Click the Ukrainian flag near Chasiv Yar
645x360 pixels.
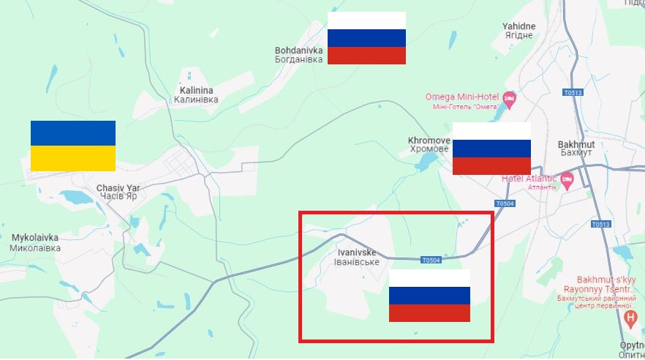(73, 146)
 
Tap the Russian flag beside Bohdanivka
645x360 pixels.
(366, 38)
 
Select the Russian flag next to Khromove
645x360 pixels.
(491, 149)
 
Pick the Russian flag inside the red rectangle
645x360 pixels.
(429, 296)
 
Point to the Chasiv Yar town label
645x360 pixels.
(118, 192)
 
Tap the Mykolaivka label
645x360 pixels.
(35, 242)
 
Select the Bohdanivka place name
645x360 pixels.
(298, 55)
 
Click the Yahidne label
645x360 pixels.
(518, 31)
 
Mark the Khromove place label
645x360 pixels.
(429, 144)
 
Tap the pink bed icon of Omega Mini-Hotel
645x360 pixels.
(510, 97)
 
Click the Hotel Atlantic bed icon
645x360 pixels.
(567, 179)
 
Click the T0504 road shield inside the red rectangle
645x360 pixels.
(431, 260)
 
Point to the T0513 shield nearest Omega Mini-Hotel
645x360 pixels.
(573, 93)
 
